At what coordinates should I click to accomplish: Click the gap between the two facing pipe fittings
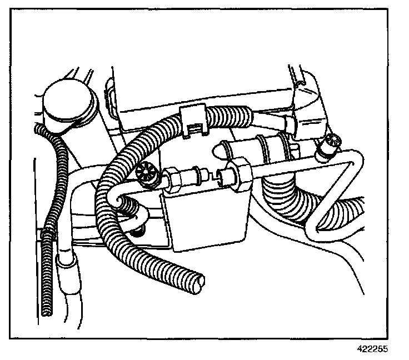coord(213,176)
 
